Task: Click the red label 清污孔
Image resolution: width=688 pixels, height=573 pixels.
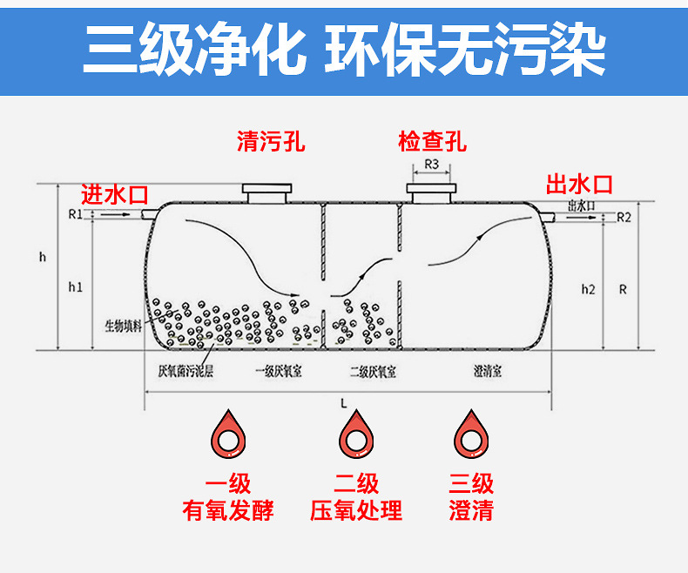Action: [x=271, y=141]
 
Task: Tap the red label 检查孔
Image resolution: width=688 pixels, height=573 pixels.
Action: [x=432, y=141]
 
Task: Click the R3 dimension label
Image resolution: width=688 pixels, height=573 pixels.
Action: [x=431, y=165]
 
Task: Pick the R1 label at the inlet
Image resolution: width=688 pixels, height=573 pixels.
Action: [x=74, y=213]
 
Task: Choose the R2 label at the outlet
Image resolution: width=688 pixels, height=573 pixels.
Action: [x=623, y=216]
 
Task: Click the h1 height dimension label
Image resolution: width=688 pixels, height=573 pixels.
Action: [x=75, y=286]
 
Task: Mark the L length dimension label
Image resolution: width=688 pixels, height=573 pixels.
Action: [x=345, y=403]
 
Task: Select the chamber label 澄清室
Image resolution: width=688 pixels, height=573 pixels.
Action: [x=488, y=372]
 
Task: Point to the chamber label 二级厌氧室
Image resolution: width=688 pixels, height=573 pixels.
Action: [x=373, y=372]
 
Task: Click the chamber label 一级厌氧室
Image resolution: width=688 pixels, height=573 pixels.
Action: [x=278, y=372]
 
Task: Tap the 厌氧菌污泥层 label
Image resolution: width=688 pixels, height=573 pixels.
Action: [x=185, y=372]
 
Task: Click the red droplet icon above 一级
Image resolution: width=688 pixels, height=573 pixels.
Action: [x=228, y=433]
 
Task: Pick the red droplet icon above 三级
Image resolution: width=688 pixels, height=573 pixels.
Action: [x=470, y=433]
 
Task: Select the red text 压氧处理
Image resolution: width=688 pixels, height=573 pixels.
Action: [x=356, y=510]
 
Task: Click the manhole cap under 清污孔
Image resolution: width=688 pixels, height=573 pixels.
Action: [x=267, y=192]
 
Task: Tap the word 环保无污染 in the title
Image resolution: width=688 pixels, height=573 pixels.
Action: [x=464, y=50]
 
